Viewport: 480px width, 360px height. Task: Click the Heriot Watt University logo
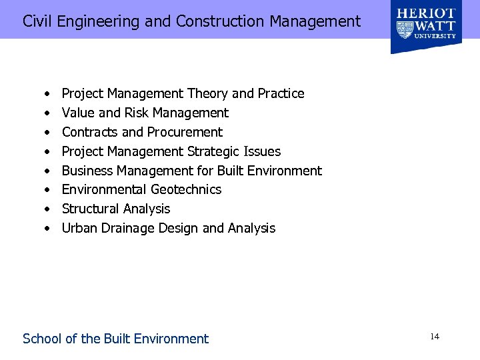(x=426, y=27)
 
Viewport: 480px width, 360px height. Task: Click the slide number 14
(x=435, y=337)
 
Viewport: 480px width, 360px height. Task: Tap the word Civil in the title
(x=38, y=21)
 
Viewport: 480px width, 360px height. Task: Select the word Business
(x=87, y=171)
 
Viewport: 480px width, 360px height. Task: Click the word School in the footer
(x=41, y=339)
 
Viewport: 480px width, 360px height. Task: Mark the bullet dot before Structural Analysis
(x=48, y=209)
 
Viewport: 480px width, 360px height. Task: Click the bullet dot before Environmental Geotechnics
(x=48, y=190)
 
